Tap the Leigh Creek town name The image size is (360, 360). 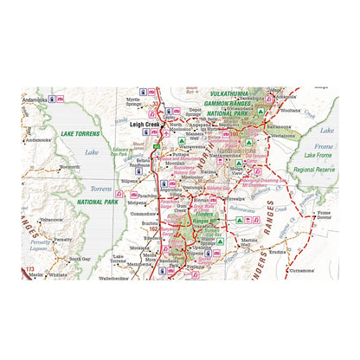point(147,124)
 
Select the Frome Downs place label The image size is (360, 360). point(326,215)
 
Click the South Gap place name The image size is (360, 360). point(80,259)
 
